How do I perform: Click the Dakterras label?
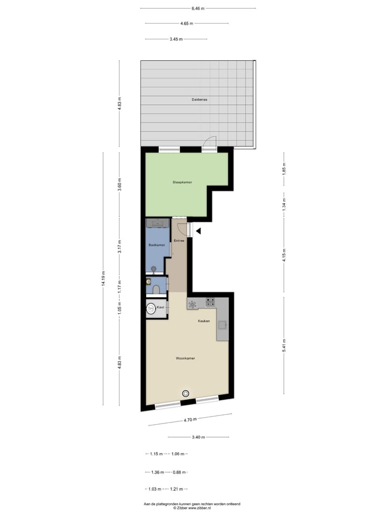coord(199,100)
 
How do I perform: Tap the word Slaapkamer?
coord(182,182)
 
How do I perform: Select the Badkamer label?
coord(156,245)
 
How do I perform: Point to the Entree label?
coord(179,241)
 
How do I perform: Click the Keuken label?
coord(204,321)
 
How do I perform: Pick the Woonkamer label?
coord(185,358)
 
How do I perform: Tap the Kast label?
coord(160,308)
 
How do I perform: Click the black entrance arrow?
coord(198,231)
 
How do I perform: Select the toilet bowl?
coord(156,290)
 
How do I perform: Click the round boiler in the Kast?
coord(151,309)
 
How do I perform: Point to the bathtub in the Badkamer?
coord(157,223)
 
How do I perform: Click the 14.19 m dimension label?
coord(103,278)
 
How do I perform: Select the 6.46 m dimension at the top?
coord(198,9)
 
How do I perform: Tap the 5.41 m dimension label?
coord(284,342)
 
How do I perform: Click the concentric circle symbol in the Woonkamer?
coord(186,393)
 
